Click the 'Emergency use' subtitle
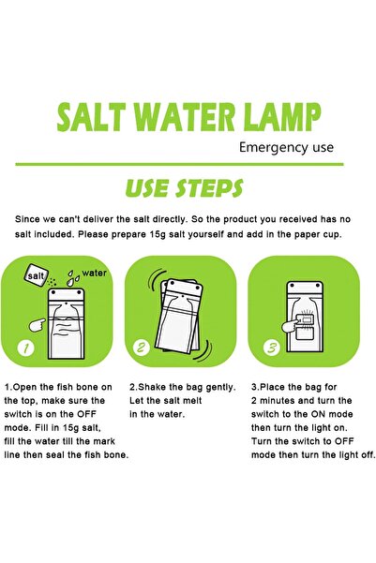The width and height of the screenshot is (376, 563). click(x=286, y=147)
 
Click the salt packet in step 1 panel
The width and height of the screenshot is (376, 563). click(x=37, y=277)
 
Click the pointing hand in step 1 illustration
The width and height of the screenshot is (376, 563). click(x=36, y=323)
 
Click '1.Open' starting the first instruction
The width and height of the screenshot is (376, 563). click(x=23, y=386)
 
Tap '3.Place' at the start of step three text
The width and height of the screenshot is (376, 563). click(x=272, y=386)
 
